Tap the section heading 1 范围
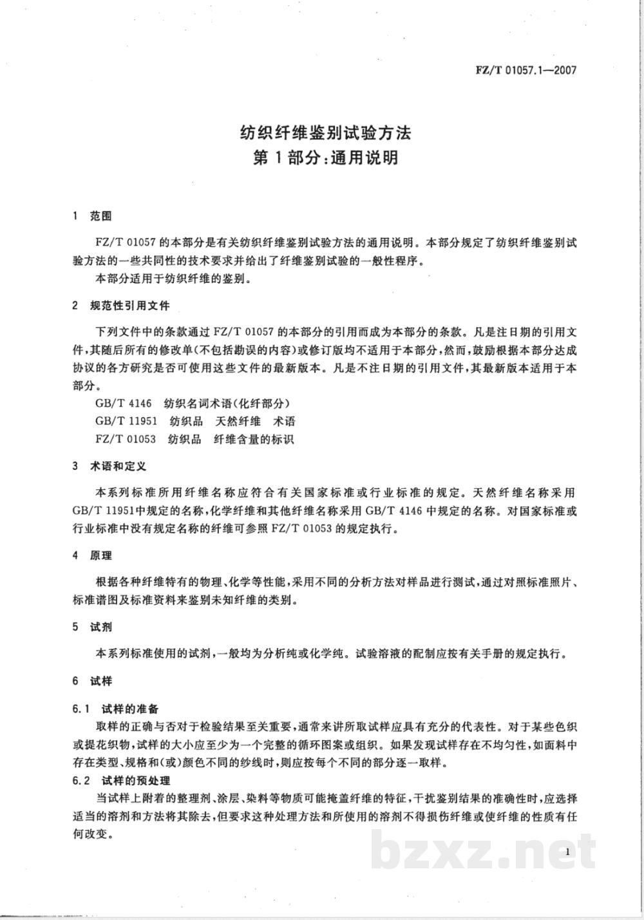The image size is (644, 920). [x=93, y=217]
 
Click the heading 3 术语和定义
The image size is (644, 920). [x=110, y=465]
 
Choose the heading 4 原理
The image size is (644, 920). [x=93, y=554]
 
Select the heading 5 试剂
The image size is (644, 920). [x=93, y=627]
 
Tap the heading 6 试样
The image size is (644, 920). [x=93, y=681]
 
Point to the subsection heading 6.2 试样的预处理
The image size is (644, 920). [x=121, y=781]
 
